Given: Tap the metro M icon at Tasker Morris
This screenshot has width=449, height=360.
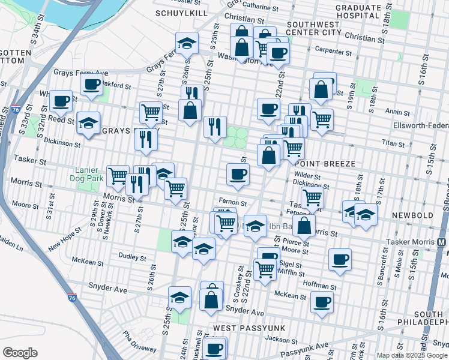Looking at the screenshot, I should [x=442, y=242].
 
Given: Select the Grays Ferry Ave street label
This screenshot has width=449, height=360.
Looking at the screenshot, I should [x=80, y=73].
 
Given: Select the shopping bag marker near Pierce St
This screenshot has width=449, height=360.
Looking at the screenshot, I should [x=304, y=226].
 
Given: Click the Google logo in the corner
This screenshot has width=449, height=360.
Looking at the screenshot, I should [x=20, y=352].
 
